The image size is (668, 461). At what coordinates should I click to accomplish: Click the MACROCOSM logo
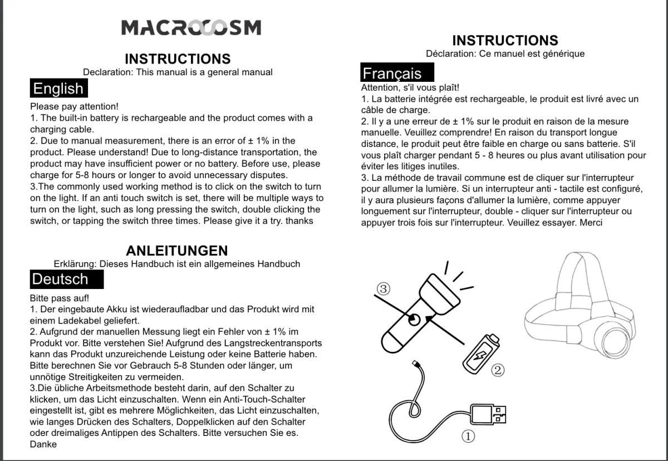[191, 27]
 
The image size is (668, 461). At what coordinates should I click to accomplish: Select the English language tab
[58, 89]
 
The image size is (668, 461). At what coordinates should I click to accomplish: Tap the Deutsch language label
[60, 279]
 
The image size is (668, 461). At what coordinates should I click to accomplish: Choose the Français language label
[392, 73]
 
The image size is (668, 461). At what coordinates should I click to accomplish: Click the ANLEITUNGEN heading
[176, 251]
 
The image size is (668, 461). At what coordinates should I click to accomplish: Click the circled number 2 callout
[498, 369]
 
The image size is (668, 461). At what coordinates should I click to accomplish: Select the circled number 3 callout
[383, 288]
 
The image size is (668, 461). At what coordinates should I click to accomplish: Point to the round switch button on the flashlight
[414, 320]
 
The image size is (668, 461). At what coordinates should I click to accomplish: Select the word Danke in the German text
[43, 444]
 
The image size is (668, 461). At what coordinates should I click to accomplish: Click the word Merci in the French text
[591, 223]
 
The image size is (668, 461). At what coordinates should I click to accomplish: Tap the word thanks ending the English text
[299, 221]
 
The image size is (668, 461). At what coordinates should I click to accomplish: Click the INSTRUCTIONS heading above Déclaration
[505, 41]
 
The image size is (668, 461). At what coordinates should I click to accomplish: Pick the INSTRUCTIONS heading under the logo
[178, 59]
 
